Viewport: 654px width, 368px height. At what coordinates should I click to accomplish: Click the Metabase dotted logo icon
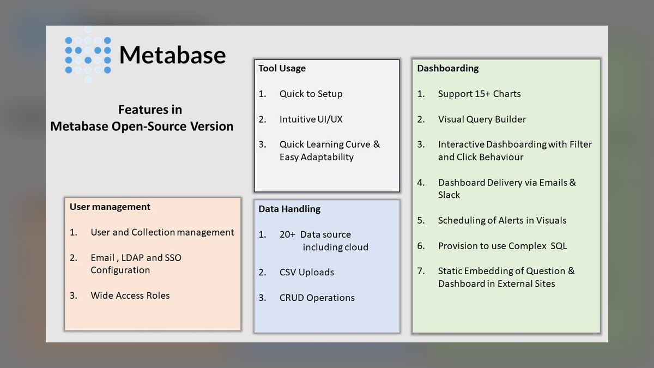pyautogui.click(x=88, y=55)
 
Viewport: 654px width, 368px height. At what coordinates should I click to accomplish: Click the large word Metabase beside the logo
pyautogui.click(x=173, y=55)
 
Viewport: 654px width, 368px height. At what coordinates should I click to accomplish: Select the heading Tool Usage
pyautogui.click(x=282, y=68)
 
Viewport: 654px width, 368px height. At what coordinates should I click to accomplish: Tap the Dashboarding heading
pyautogui.click(x=448, y=69)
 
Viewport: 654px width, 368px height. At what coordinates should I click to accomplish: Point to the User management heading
pyautogui.click(x=110, y=207)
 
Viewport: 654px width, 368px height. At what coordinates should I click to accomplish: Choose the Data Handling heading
pyautogui.click(x=289, y=209)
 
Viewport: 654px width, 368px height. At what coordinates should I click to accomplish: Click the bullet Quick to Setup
pyautogui.click(x=311, y=94)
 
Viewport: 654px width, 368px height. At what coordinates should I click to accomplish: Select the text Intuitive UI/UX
pyautogui.click(x=311, y=119)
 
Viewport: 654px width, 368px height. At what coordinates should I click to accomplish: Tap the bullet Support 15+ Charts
pyautogui.click(x=480, y=94)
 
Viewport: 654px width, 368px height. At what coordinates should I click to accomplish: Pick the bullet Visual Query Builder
pyautogui.click(x=482, y=119)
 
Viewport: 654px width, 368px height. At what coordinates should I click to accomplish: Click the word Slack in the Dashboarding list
pyautogui.click(x=449, y=195)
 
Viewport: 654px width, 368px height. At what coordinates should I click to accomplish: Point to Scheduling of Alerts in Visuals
pyautogui.click(x=502, y=220)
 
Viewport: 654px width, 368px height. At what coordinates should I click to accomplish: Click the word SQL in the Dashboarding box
pyautogui.click(x=559, y=246)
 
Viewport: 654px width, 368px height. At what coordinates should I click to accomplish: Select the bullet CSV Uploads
pyautogui.click(x=306, y=272)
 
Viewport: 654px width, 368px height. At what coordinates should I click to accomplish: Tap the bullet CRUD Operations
pyautogui.click(x=317, y=298)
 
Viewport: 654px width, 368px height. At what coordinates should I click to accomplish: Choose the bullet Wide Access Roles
pyautogui.click(x=130, y=295)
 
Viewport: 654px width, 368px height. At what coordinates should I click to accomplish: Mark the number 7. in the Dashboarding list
pyautogui.click(x=421, y=271)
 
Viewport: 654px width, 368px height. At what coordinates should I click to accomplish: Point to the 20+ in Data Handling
pyautogui.click(x=287, y=234)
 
